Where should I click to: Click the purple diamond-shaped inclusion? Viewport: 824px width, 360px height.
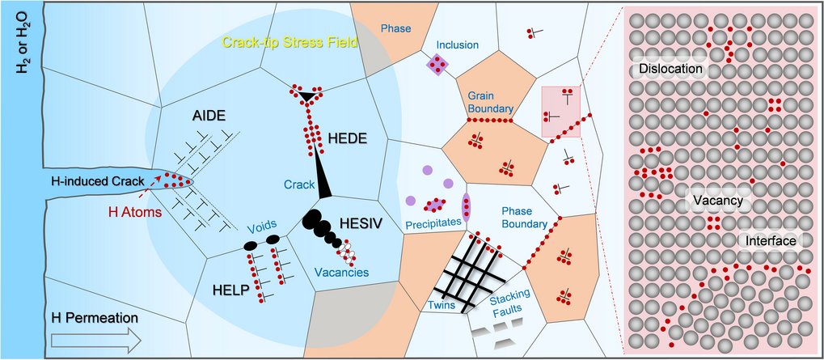[x=437, y=64]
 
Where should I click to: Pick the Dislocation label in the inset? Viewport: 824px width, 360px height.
[x=670, y=70]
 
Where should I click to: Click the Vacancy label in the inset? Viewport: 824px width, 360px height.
[x=718, y=199]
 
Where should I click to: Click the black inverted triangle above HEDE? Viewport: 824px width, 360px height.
[x=306, y=97]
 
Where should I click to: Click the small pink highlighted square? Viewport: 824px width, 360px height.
[x=560, y=112]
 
